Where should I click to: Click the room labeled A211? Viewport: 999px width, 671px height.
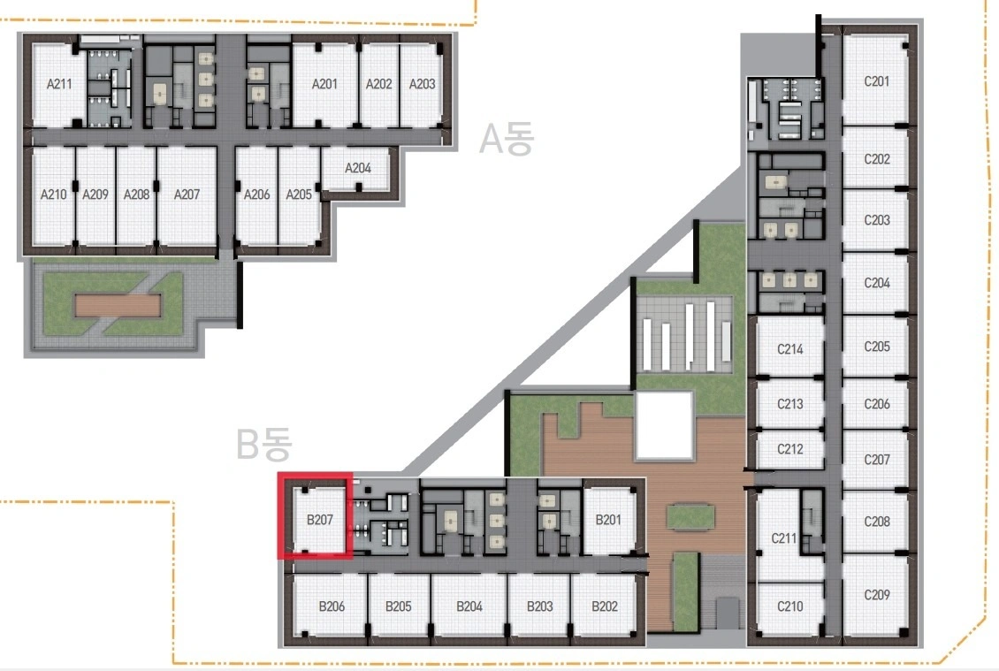tap(58, 84)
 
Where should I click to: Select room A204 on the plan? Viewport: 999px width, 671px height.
tap(357, 168)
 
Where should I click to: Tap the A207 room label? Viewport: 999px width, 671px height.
tap(187, 194)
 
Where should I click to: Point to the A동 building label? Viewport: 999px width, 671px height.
tap(507, 139)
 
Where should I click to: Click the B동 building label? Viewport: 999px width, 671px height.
tap(263, 444)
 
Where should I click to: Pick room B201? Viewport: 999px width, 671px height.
tap(608, 520)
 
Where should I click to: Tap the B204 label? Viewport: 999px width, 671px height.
tap(469, 606)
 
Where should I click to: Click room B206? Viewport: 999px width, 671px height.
tap(331, 606)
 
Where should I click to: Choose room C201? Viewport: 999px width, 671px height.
tap(876, 81)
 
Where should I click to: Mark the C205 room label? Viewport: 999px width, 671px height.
tap(877, 347)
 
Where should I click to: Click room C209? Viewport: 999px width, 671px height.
tap(876, 595)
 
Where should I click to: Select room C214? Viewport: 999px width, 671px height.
tap(790, 348)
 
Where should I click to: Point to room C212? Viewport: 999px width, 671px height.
tap(790, 449)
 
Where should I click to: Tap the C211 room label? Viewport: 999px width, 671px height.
tap(783, 538)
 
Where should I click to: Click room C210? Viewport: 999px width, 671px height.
tap(790, 606)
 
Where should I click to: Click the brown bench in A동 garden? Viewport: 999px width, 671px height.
tap(118, 305)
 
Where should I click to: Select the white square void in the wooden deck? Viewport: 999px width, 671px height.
tap(664, 425)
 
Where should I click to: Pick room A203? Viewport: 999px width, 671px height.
tap(421, 84)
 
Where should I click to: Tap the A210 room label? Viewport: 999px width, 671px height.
tap(53, 194)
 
